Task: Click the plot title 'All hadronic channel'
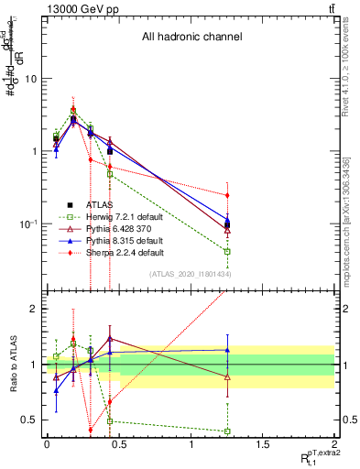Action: [191, 38]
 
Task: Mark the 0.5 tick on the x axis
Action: [118, 444]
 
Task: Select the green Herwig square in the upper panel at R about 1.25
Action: [226, 251]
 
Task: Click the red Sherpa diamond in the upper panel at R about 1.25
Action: [226, 195]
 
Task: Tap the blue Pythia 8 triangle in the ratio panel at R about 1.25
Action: [226, 350]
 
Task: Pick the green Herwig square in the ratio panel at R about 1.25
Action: [226, 431]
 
